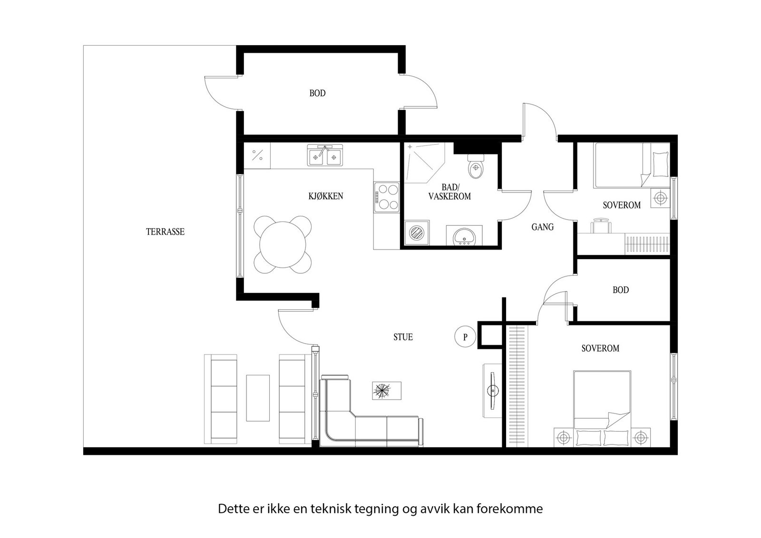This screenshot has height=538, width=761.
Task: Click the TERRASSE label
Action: click(165, 232)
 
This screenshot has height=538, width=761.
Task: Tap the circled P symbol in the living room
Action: click(465, 337)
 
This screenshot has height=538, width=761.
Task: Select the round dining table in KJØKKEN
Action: click(283, 245)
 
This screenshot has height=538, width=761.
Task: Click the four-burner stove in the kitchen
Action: click(386, 197)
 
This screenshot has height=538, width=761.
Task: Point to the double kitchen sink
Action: click(325, 156)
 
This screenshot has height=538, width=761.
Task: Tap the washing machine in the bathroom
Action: click(417, 233)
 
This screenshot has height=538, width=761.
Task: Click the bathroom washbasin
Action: click(462, 236)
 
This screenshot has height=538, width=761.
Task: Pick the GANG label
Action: click(543, 227)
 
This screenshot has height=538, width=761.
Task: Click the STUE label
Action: click(403, 337)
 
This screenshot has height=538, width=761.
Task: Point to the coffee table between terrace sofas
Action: click(258, 398)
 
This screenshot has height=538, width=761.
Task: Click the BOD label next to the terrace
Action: click(317, 94)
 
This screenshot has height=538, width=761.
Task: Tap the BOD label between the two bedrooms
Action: click(621, 290)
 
